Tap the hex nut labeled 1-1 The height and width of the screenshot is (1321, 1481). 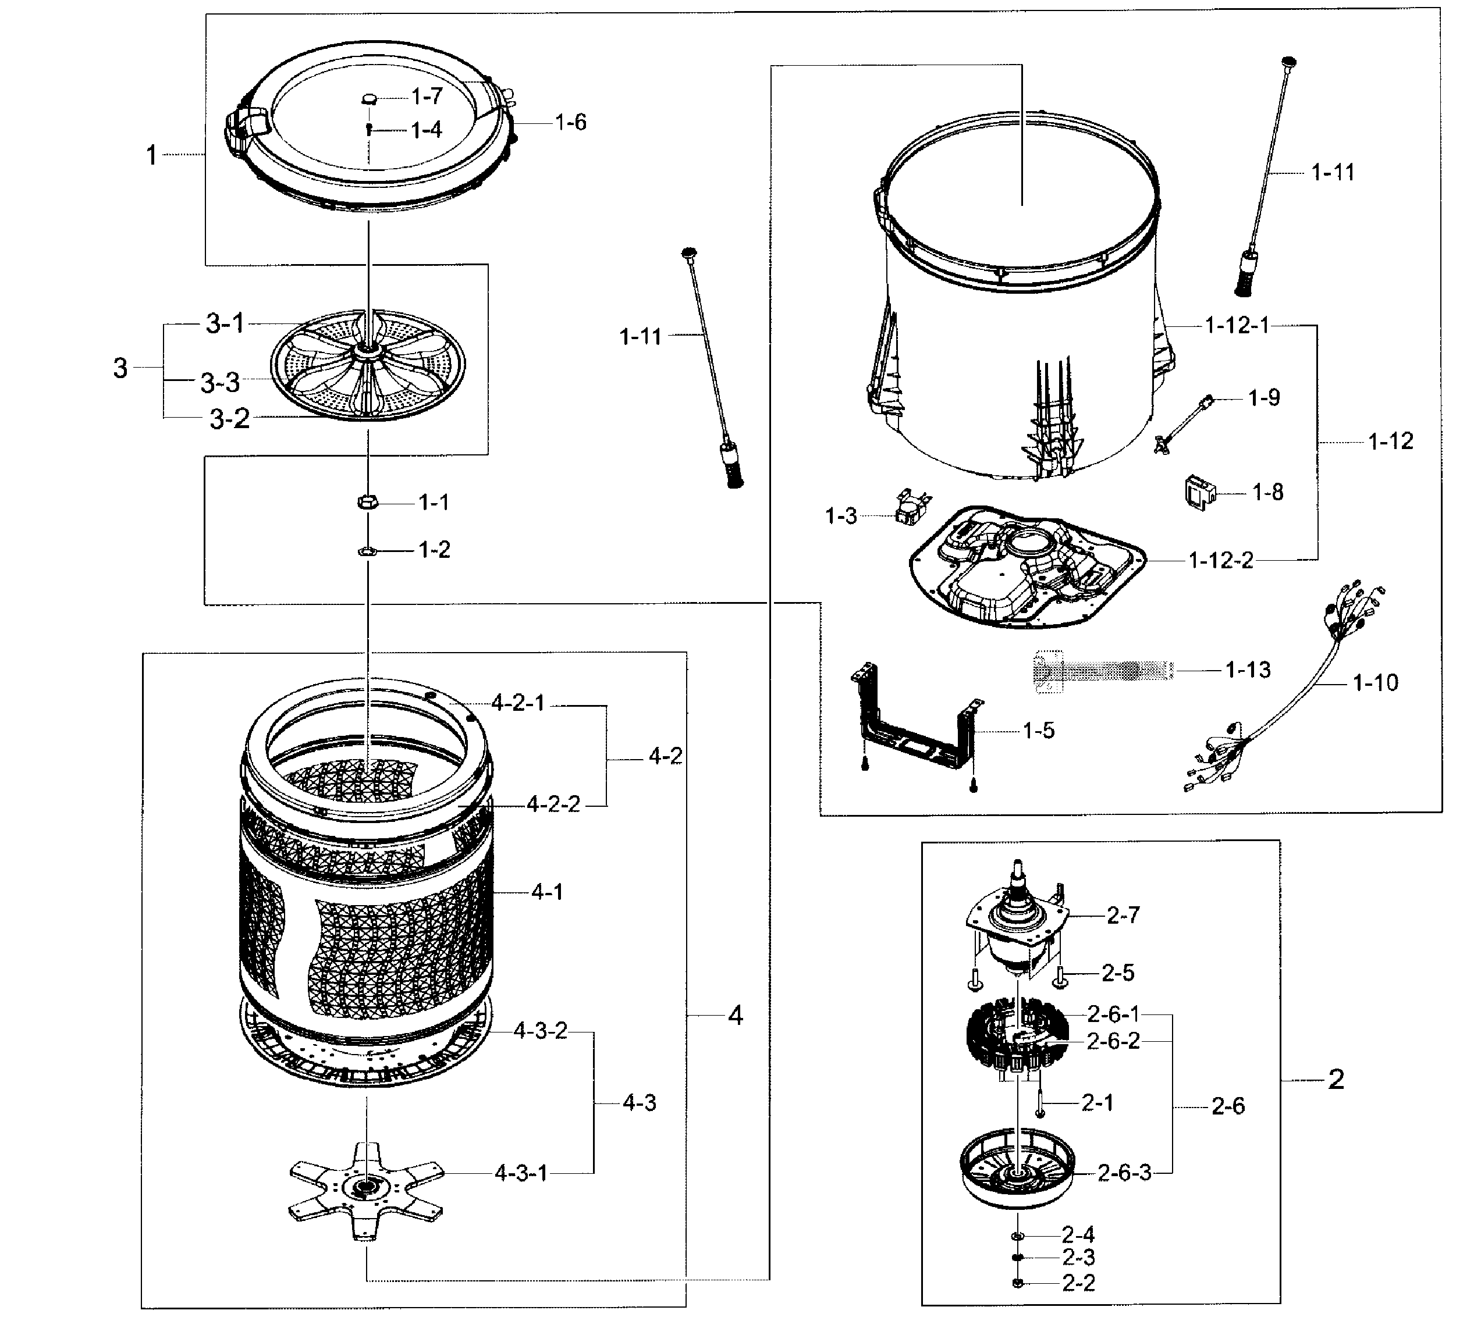tap(367, 501)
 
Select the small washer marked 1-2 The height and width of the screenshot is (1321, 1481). tap(367, 551)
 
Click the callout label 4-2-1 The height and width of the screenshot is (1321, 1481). tap(518, 703)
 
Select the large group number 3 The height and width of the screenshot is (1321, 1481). tap(120, 368)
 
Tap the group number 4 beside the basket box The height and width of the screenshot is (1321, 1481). tap(736, 1016)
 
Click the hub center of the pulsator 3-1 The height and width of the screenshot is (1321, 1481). tap(369, 351)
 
